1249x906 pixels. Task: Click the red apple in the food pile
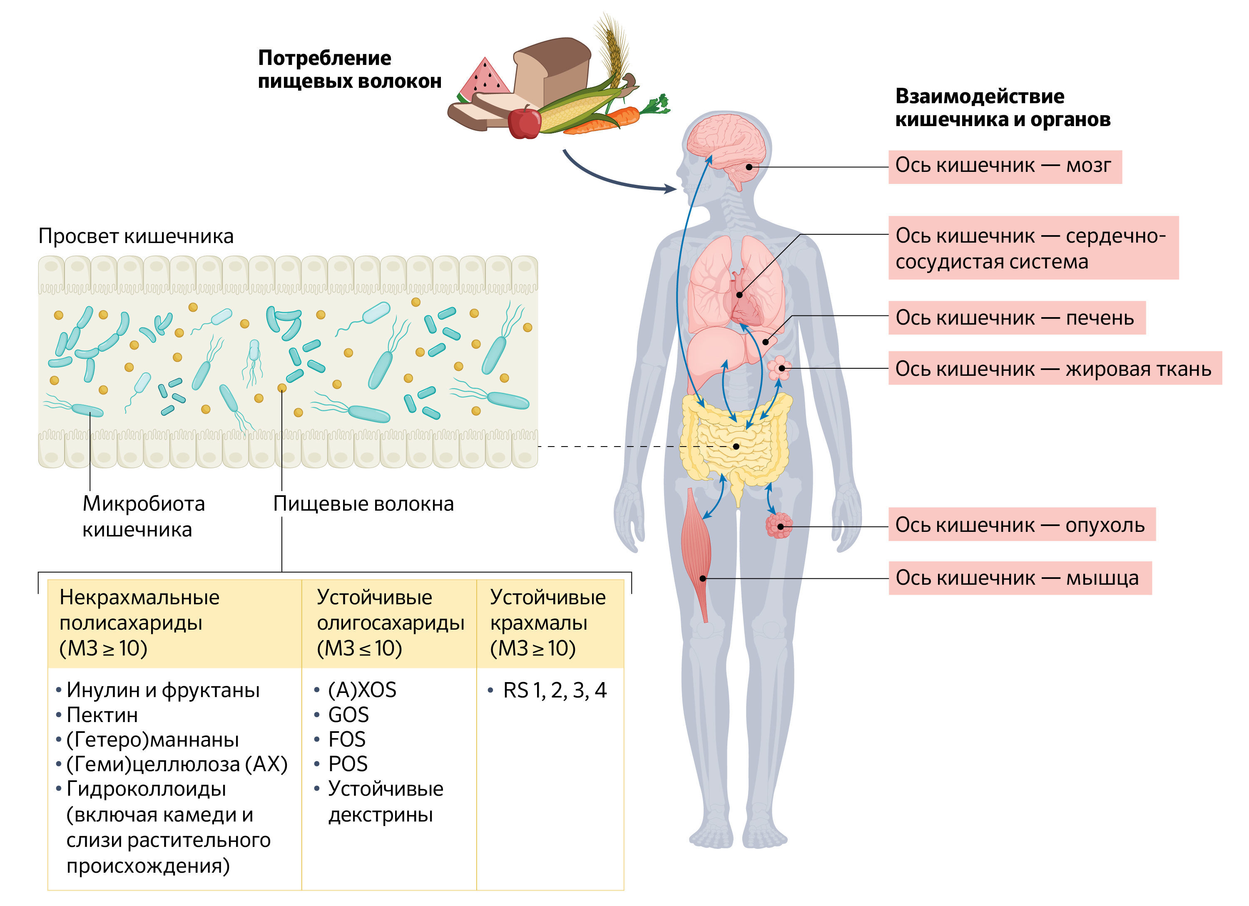(524, 122)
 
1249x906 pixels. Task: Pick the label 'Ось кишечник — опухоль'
(1021, 524)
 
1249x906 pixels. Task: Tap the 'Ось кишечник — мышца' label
(1019, 577)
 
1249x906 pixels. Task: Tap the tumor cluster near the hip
(779, 525)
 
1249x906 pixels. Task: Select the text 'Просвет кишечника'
(136, 236)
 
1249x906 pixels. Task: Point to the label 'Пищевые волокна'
(363, 504)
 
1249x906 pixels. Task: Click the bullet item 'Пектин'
(102, 715)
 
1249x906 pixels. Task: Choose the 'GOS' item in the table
(348, 715)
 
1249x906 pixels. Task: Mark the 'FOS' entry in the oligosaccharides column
(346, 739)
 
